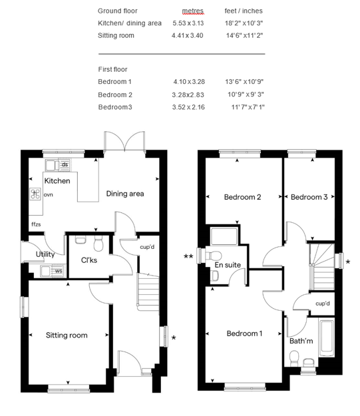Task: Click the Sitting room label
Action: click(67, 335)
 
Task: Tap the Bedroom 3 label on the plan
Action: click(309, 197)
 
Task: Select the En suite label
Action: click(228, 265)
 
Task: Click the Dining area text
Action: click(125, 194)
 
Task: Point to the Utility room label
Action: click(45, 254)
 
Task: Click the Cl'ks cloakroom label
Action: click(89, 260)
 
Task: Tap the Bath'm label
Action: click(301, 341)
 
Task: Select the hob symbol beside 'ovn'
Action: click(35, 194)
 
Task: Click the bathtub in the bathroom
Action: click(327, 339)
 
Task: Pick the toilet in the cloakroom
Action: click(98, 244)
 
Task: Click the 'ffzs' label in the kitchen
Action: click(36, 224)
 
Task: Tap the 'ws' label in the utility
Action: click(59, 271)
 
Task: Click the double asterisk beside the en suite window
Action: click(188, 256)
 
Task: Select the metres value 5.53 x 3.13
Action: click(188, 23)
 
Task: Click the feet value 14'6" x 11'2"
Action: click(244, 35)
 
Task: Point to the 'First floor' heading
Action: click(112, 69)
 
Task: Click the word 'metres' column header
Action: click(193, 11)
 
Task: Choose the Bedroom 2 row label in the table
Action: click(115, 95)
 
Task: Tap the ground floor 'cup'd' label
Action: click(147, 247)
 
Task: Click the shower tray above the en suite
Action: click(224, 236)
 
